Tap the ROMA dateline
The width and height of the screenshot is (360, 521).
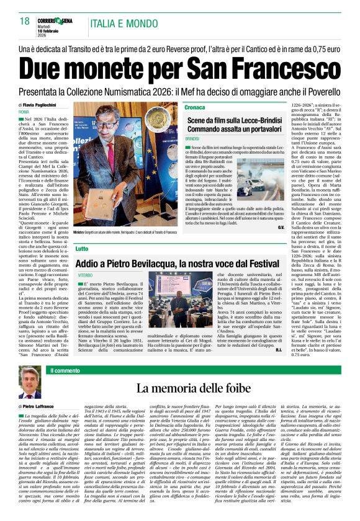click(x=24, y=112)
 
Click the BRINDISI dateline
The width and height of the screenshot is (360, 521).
click(x=175, y=138)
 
